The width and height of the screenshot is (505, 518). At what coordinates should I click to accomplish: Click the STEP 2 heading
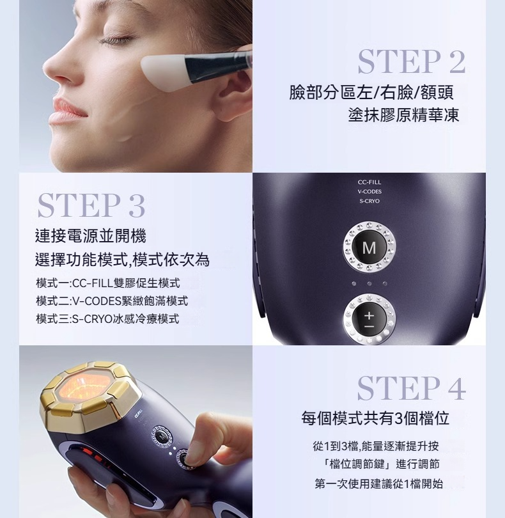(x=412, y=62)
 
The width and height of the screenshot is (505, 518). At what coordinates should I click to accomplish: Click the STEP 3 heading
(x=91, y=206)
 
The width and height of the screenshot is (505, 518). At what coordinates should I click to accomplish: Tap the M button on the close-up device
(x=369, y=247)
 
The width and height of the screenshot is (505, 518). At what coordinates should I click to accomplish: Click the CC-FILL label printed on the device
(x=369, y=182)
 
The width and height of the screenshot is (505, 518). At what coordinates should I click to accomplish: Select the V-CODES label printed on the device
(x=369, y=192)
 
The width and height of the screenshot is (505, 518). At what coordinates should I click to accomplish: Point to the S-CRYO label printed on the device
(x=369, y=201)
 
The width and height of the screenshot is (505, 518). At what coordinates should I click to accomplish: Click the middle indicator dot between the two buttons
(x=369, y=283)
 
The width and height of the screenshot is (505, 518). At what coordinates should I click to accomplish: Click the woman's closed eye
(x=113, y=41)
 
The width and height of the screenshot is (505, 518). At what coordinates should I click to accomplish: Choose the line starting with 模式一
(x=108, y=283)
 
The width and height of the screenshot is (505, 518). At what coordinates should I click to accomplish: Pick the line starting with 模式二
(x=112, y=301)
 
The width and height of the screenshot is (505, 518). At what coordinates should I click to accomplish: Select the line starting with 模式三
(x=107, y=319)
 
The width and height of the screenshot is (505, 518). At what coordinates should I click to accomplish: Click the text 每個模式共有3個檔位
(x=375, y=418)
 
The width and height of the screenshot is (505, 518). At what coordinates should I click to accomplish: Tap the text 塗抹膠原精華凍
(x=403, y=115)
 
